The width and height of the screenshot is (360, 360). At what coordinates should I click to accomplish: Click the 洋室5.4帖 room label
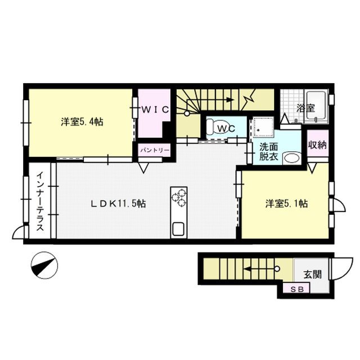point(82,121)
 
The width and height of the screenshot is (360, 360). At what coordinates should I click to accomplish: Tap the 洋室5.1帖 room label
point(287,204)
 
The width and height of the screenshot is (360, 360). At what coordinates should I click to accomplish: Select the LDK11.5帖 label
point(118,204)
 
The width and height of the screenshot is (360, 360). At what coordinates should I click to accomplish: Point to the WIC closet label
point(155,110)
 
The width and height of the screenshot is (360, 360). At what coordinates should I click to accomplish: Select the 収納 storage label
point(317,144)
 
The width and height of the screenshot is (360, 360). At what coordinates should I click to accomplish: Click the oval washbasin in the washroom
point(292,158)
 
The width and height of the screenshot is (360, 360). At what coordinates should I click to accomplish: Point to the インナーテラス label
point(40,202)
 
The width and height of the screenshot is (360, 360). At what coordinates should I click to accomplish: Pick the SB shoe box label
point(296,290)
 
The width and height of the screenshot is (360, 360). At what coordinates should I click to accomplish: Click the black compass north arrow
point(45,264)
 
